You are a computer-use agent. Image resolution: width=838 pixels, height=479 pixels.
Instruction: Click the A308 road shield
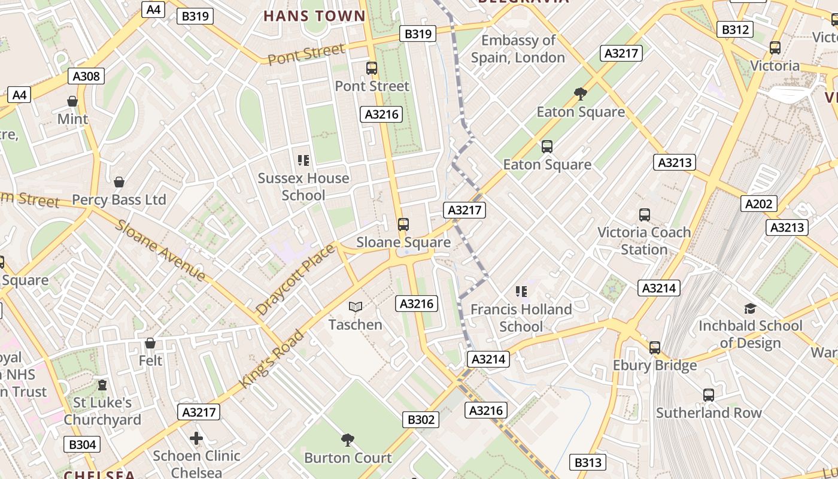87,76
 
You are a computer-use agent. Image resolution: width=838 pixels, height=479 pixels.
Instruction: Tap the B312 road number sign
734,29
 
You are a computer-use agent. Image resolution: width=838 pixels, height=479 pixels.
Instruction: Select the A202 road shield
758,204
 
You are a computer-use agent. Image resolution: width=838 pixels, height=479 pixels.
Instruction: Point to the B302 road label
421,420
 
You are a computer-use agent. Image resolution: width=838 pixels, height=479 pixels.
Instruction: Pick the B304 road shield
82,444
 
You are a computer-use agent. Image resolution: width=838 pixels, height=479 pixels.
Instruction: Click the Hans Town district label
314,16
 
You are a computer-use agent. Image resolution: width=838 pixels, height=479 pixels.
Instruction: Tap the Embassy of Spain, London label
518,49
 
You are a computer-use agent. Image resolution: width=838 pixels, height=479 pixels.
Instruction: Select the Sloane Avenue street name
160,250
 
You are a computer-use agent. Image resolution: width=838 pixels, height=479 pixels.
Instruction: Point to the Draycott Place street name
295,280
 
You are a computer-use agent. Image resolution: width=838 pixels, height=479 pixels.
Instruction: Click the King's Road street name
272,358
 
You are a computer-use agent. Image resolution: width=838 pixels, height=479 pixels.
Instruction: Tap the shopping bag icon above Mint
72,101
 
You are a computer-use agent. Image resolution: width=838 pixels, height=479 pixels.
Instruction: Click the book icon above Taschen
356,307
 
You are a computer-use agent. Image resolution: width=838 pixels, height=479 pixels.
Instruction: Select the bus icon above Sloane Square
403,225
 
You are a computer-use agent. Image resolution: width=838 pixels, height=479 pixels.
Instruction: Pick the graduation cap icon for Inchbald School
750,308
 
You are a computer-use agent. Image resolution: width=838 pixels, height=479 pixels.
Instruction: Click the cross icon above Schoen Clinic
196,438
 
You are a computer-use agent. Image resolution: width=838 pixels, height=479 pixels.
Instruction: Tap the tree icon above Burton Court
348,440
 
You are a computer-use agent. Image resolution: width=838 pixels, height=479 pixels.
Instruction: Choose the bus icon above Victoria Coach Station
645,214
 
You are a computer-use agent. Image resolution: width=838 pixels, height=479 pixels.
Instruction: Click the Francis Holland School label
521,318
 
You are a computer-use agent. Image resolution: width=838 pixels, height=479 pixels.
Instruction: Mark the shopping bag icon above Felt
150,343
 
